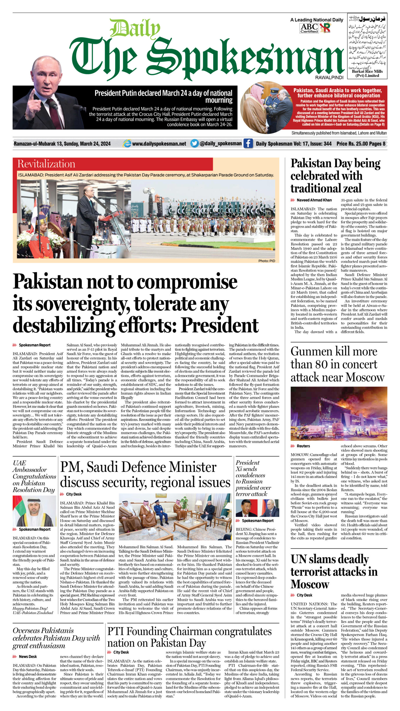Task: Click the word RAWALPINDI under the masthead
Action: tap(329, 78)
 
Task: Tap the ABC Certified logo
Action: tap(309, 28)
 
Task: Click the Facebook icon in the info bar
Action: tap(248, 144)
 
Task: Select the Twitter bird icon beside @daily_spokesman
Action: tap(194, 143)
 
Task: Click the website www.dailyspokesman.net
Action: tap(159, 144)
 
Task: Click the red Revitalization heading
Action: tap(46, 164)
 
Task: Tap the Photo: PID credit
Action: tap(267, 261)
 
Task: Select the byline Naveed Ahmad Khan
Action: tap(314, 200)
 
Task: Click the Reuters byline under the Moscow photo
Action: tap(303, 446)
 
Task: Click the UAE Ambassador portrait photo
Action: tap(34, 511)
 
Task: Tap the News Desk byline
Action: tap(27, 657)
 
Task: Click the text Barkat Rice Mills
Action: tap(367, 71)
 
